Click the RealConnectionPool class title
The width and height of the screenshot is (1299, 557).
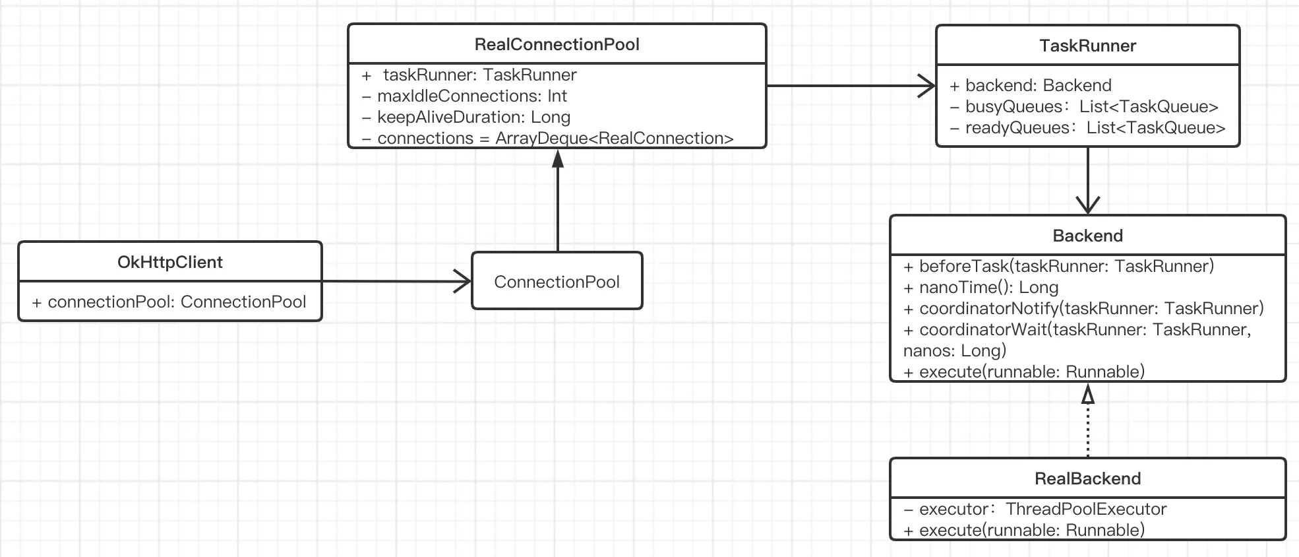pyautogui.click(x=557, y=44)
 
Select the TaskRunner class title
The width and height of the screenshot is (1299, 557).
pyautogui.click(x=1087, y=46)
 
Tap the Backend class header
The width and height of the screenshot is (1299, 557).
pyautogui.click(x=1087, y=236)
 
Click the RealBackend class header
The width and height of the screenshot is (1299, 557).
pyautogui.click(x=1087, y=478)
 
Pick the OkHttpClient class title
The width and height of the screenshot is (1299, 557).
pyautogui.click(x=170, y=262)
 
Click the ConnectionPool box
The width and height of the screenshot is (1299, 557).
pyautogui.click(x=557, y=282)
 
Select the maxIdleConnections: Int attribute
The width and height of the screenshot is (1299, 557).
pyautogui.click(x=465, y=96)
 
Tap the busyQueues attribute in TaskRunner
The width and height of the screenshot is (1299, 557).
pyautogui.click(x=1084, y=107)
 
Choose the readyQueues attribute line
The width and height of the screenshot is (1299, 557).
pyautogui.click(x=1088, y=128)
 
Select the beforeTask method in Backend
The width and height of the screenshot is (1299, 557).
pyautogui.click(x=1059, y=267)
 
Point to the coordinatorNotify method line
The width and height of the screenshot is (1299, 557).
pyautogui.click(x=1083, y=309)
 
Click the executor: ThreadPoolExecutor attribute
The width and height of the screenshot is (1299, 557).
pyautogui.click(x=1035, y=509)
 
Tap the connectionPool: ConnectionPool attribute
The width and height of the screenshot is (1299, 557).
pyautogui.click(x=169, y=302)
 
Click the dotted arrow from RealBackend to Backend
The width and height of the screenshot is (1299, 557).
pyautogui.click(x=1087, y=422)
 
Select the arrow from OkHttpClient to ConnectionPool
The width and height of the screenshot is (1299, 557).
pyautogui.click(x=396, y=282)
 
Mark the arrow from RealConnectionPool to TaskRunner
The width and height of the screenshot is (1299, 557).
pyautogui.click(x=851, y=86)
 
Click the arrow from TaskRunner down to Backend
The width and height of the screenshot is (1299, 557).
pyautogui.click(x=1087, y=178)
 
